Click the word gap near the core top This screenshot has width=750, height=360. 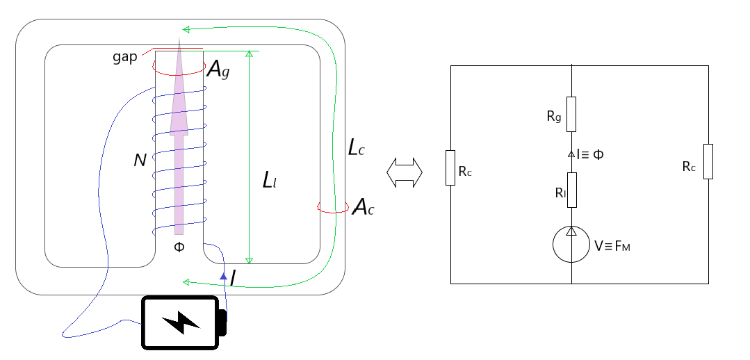click(x=125, y=56)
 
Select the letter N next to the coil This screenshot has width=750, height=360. click(x=140, y=161)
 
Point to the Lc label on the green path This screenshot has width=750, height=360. click(x=357, y=148)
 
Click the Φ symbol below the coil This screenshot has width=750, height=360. click(x=179, y=247)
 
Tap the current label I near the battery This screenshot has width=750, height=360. click(x=234, y=279)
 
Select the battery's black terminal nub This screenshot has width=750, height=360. click(x=222, y=322)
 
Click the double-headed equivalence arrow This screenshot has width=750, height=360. click(x=405, y=172)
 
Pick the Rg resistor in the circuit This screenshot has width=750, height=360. click(x=571, y=113)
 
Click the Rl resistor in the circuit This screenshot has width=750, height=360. click(x=571, y=190)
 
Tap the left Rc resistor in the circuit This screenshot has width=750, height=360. click(x=450, y=167)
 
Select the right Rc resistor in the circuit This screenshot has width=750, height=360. click(x=708, y=161)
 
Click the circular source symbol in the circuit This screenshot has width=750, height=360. click(x=571, y=245)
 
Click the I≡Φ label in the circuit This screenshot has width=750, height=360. click(x=589, y=154)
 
